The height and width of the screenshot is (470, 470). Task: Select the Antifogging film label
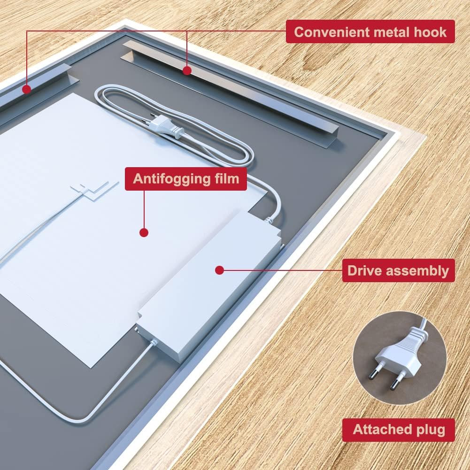pos(186,179)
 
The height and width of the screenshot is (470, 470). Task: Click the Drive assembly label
pos(398,270)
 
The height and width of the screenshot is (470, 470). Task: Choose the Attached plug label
pos(398,430)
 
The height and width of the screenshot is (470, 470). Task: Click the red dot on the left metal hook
pos(27,88)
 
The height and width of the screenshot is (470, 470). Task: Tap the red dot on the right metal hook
pos(187,71)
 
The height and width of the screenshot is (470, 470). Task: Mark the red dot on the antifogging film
pos(144,232)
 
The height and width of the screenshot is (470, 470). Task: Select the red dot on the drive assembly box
pos(218,270)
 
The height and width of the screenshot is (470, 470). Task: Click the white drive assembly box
pos(211,286)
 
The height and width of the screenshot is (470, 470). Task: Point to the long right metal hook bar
pos(230,89)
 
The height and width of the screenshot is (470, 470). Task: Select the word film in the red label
pos(225,179)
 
